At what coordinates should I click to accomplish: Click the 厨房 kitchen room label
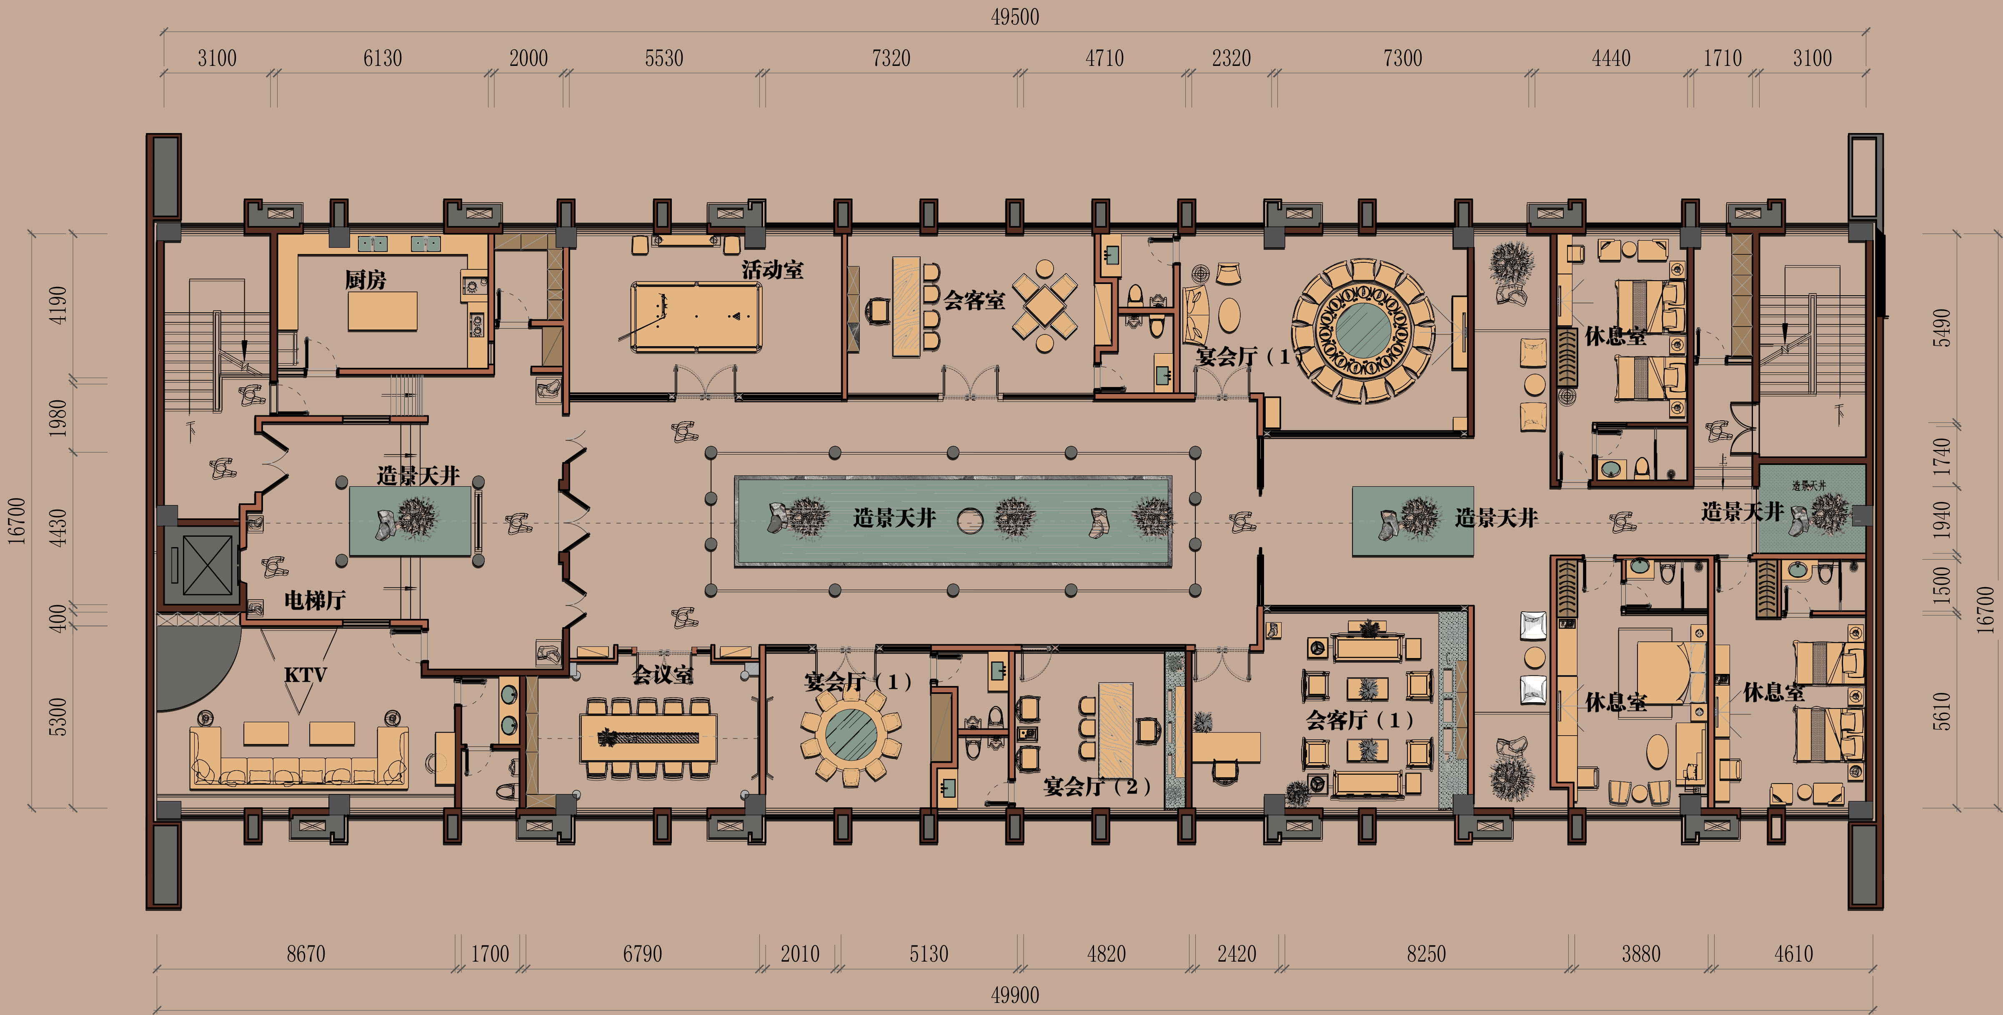tap(366, 279)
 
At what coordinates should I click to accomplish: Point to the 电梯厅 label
tap(315, 600)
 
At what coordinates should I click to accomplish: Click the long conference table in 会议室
tap(648, 737)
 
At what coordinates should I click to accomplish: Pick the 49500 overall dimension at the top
tap(1015, 16)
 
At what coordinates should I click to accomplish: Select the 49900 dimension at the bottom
tap(1015, 995)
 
